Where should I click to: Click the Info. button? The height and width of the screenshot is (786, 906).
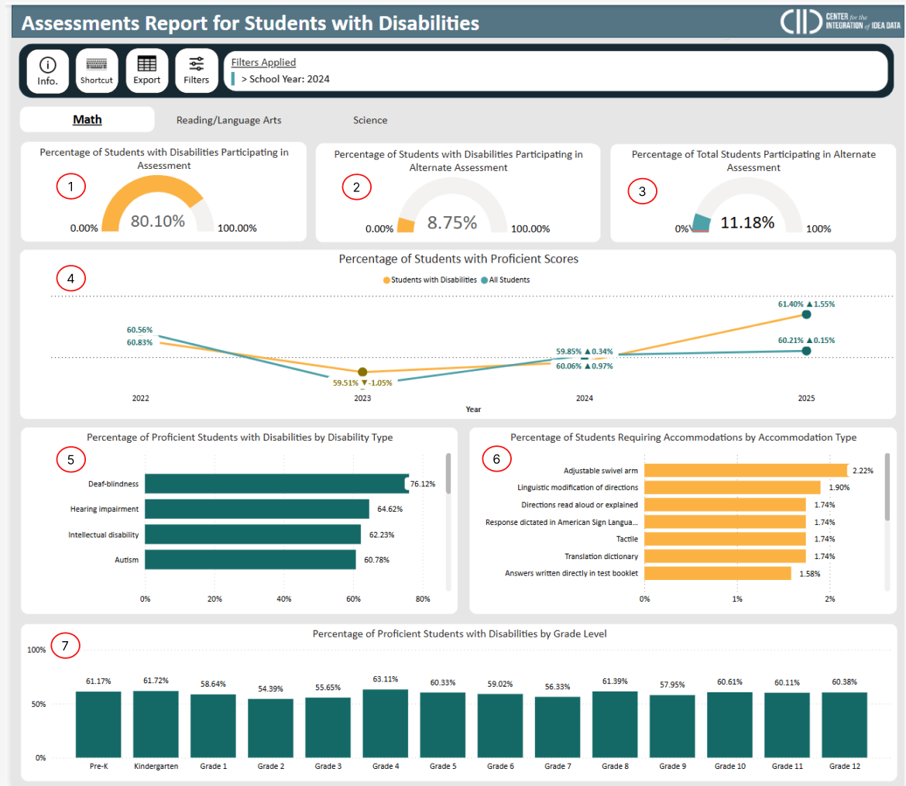point(47,70)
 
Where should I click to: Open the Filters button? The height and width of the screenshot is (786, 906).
point(196,70)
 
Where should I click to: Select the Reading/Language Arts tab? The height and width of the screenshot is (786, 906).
point(228,120)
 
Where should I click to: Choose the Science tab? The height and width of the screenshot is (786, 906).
point(370,120)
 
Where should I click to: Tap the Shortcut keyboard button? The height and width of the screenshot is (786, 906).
point(97,70)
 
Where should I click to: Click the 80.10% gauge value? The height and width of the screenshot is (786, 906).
point(158,221)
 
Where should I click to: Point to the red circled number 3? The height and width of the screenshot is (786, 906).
point(641,191)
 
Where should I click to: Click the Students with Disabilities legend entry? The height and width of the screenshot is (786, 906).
point(430,280)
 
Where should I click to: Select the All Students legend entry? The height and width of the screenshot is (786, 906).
point(505,280)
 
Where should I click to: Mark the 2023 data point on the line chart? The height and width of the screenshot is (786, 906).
point(362,372)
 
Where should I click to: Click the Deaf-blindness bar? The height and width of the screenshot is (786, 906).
point(276,484)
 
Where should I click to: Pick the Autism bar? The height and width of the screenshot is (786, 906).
point(250,559)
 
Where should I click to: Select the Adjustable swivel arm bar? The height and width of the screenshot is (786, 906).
point(746,470)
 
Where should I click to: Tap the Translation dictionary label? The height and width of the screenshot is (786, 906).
point(601,556)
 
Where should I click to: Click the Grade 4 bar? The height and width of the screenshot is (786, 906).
point(385,723)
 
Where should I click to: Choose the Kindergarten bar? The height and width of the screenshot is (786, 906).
point(156,724)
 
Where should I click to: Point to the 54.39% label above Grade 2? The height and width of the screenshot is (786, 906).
point(270,688)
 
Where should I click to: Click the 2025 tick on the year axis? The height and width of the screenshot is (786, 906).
point(805,398)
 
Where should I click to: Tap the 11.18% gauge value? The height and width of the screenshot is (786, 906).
point(747,223)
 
